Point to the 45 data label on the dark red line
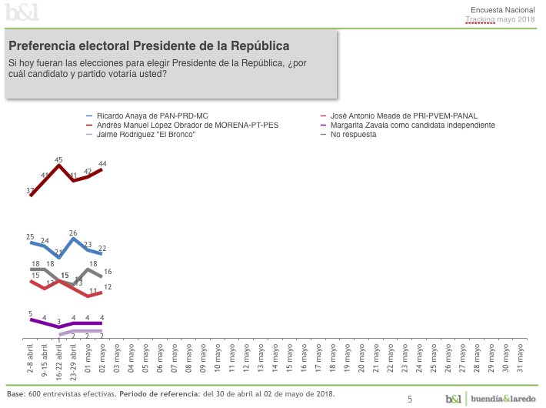[x=58, y=159]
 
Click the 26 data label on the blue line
[x=73, y=232]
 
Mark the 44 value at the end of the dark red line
[x=102, y=163]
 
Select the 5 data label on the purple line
[x=30, y=313]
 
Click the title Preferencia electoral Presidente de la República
[x=149, y=45]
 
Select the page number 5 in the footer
[x=410, y=399]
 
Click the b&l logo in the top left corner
[x=22, y=12]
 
